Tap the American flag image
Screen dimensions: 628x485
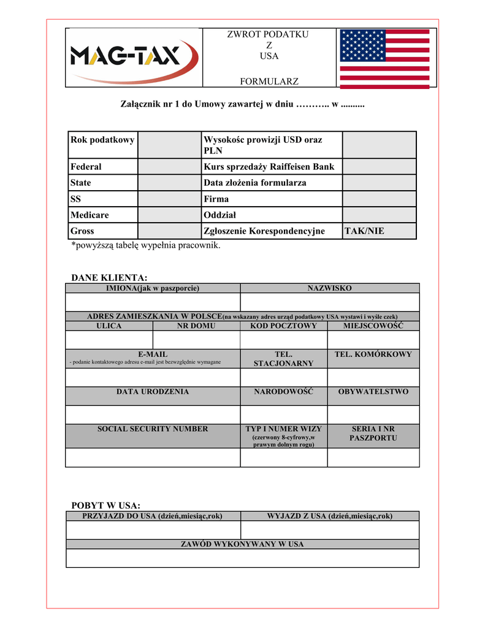click(385, 59)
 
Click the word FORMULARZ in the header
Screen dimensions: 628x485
click(269, 81)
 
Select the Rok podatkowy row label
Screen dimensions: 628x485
click(102, 140)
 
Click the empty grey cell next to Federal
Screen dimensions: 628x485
click(169, 167)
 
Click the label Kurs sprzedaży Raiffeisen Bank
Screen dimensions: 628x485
click(269, 167)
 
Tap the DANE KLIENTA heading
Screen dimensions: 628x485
click(110, 278)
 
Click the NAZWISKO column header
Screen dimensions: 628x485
click(329, 288)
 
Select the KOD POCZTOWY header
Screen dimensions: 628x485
click(283, 326)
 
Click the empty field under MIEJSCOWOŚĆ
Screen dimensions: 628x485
click(373, 340)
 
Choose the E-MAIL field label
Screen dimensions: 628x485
click(153, 354)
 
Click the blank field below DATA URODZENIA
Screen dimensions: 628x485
click(153, 415)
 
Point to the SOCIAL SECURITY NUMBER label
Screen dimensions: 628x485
click(153, 429)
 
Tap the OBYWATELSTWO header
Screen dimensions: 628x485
click(373, 391)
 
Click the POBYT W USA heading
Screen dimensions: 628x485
click(106, 505)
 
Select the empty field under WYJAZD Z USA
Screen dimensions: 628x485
click(329, 530)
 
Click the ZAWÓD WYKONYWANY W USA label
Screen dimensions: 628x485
click(242, 544)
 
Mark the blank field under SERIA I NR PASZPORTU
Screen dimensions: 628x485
click(373, 458)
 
